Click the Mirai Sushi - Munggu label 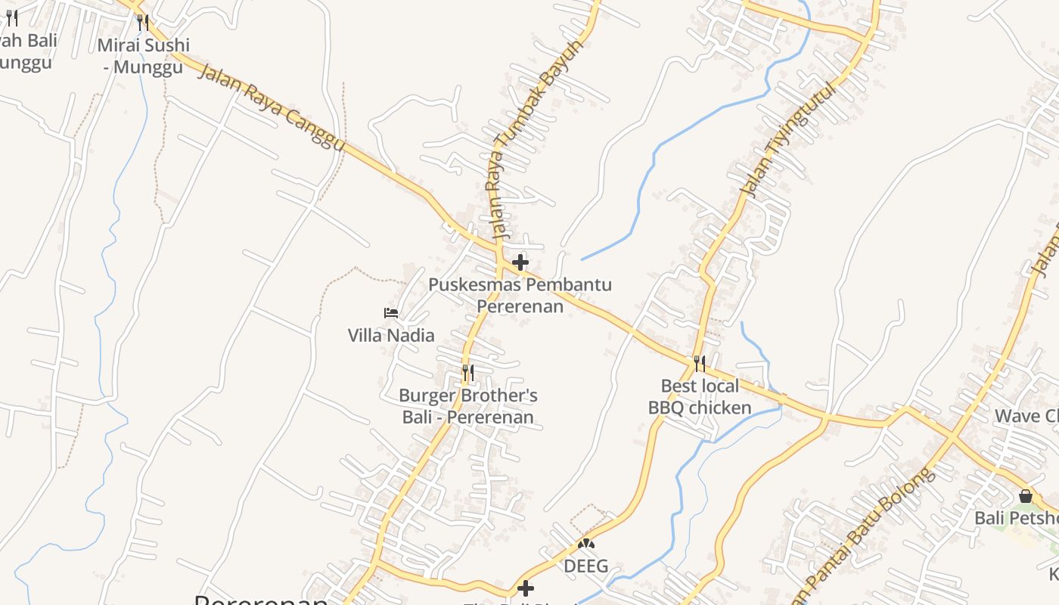143,56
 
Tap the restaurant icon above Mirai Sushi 143,22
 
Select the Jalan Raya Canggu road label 272,107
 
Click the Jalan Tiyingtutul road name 791,139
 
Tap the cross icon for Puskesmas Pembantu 520,263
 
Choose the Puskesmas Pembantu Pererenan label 520,295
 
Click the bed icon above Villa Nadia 391,312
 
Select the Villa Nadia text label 391,335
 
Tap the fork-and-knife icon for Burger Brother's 468,373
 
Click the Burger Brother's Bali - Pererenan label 468,406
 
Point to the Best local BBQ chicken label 700,397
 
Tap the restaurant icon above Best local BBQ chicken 700,364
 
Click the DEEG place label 586,566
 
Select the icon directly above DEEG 586,543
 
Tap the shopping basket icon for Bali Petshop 1026,496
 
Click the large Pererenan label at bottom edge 261,600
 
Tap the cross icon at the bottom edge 526,588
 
